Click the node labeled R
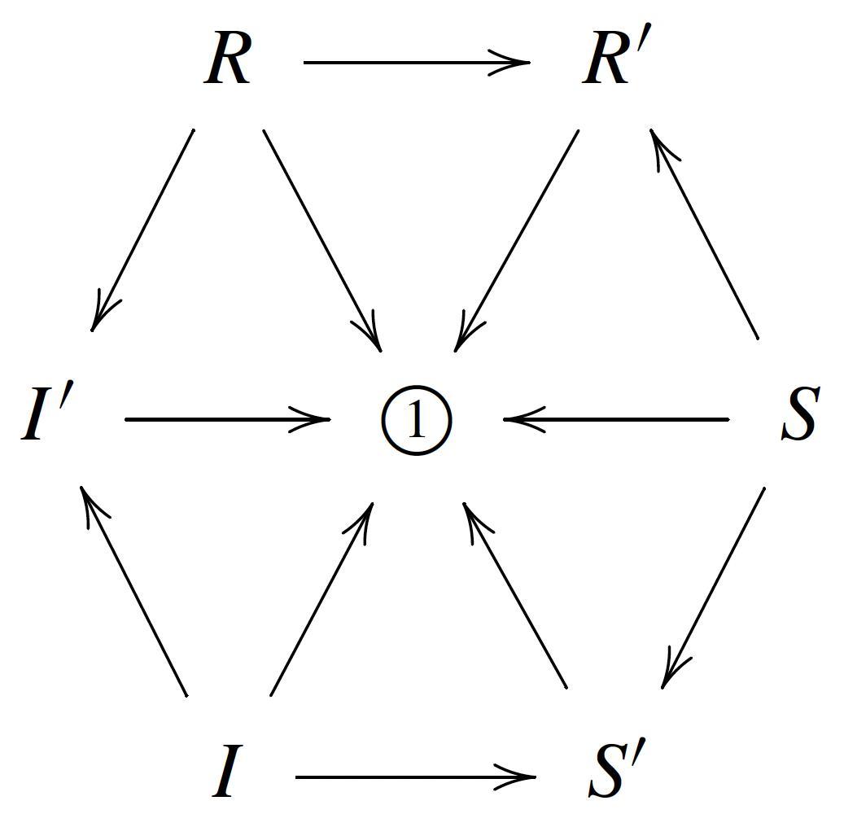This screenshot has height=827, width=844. pyautogui.click(x=227, y=63)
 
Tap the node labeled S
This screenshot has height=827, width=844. pyautogui.click(x=798, y=416)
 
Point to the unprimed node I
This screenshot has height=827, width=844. pyautogui.click(x=226, y=775)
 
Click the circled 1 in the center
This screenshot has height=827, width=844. pyautogui.click(x=416, y=421)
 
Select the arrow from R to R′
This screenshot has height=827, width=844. pyautogui.click(x=416, y=62)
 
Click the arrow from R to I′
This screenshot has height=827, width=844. pyautogui.click(x=143, y=230)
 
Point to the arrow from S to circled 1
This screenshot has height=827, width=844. pyautogui.click(x=616, y=419)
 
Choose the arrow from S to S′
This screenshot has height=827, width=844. pyautogui.click(x=714, y=587)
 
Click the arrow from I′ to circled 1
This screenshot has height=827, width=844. pyautogui.click(x=227, y=419)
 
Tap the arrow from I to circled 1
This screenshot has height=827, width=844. pyautogui.click(x=321, y=599)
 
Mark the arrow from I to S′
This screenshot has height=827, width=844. pyautogui.click(x=415, y=777)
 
